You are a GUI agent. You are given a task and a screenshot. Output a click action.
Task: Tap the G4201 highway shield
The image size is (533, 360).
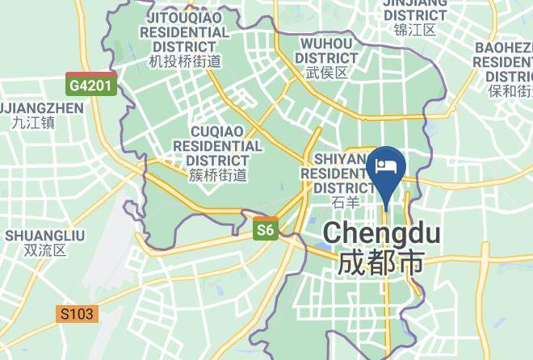(91, 83)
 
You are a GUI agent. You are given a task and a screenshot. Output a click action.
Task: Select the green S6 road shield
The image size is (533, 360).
(265, 231)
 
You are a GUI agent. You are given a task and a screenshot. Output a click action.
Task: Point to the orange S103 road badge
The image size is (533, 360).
(77, 313)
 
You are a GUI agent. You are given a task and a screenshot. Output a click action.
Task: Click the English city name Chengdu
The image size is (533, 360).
(382, 234)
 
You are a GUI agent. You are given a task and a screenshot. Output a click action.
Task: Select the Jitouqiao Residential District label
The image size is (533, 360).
(185, 31)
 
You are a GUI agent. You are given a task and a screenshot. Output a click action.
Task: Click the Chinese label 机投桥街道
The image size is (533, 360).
(185, 61)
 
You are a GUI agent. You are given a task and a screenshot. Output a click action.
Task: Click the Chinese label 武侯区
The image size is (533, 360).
(327, 73)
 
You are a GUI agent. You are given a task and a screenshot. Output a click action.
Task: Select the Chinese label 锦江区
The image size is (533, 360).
(415, 30)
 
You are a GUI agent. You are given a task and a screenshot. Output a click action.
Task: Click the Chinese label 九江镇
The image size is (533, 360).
(33, 123)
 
